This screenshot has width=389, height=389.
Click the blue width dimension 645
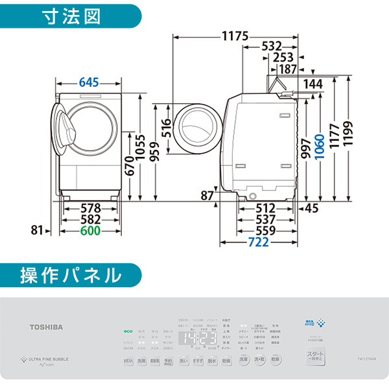click(x=89, y=82)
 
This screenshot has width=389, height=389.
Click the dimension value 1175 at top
click(x=235, y=36)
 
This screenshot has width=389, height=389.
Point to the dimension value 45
click(x=312, y=208)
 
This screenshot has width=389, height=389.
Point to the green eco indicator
click(x=128, y=331)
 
